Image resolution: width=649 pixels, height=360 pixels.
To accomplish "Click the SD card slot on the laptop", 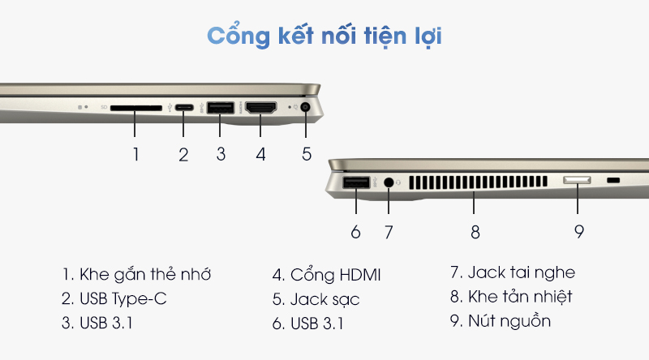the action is point(136,108).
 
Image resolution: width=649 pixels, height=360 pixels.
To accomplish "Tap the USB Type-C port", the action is point(184,108).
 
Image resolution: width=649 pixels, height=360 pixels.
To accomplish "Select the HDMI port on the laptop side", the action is point(260,108).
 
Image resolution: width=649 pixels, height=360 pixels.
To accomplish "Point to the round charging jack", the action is point(306,108).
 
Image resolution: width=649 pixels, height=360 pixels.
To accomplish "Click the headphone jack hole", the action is point(389,182).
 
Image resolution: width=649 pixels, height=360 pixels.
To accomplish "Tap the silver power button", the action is point(577,180).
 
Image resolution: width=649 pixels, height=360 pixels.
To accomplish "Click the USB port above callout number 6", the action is point(356,182).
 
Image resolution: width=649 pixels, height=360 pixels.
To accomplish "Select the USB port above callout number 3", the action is point(220,108).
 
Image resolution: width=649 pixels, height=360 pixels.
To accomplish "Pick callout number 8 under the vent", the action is point(475,232).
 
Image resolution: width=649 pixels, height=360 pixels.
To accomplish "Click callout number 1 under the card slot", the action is point(135,154).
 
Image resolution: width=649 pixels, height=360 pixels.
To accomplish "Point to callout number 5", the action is point(307,154).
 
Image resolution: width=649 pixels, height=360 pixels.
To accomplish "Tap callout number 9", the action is point(579,232).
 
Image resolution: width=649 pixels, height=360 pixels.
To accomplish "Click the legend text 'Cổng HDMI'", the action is point(335,275).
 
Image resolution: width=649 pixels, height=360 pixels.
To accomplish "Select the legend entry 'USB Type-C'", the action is point(123,299).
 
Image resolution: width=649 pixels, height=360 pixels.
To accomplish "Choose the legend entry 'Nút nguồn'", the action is point(509,321).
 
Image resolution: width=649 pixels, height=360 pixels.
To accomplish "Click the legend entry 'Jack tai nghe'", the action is point(522,273).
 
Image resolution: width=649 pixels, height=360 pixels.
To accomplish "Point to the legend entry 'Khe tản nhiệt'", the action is point(520,297).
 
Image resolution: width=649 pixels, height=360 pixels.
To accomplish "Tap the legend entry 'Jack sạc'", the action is point(325,299).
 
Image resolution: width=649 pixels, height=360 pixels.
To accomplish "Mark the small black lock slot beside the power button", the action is point(613,180).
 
